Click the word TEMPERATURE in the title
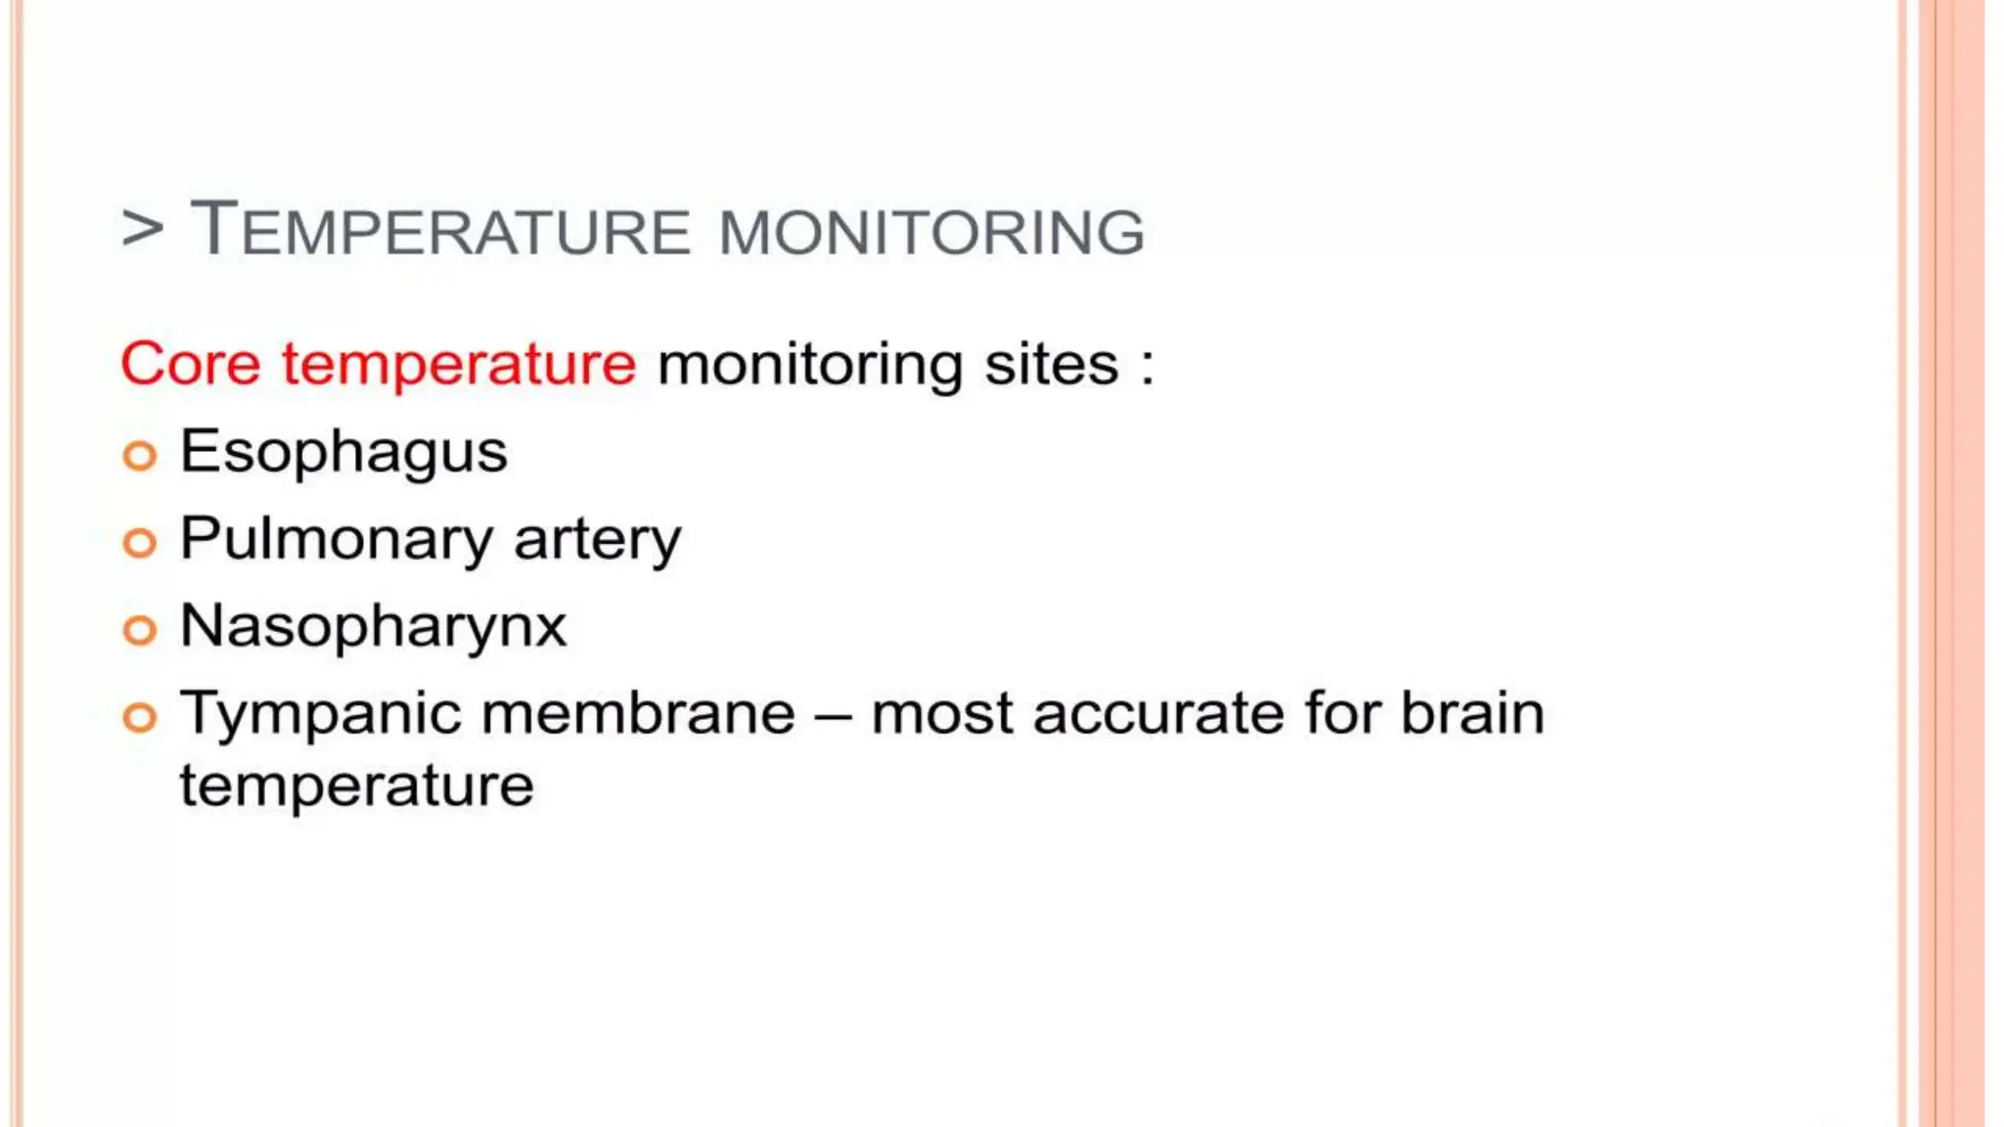440,231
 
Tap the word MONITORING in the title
932,233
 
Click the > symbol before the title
143,229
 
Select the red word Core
191,364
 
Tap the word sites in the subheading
1051,364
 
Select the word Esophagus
343,453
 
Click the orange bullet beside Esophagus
140,456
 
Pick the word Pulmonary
337,540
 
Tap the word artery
597,540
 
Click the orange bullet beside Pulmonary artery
140,543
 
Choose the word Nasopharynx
373,627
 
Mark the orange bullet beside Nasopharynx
140,630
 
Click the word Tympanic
321,714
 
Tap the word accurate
1158,714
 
